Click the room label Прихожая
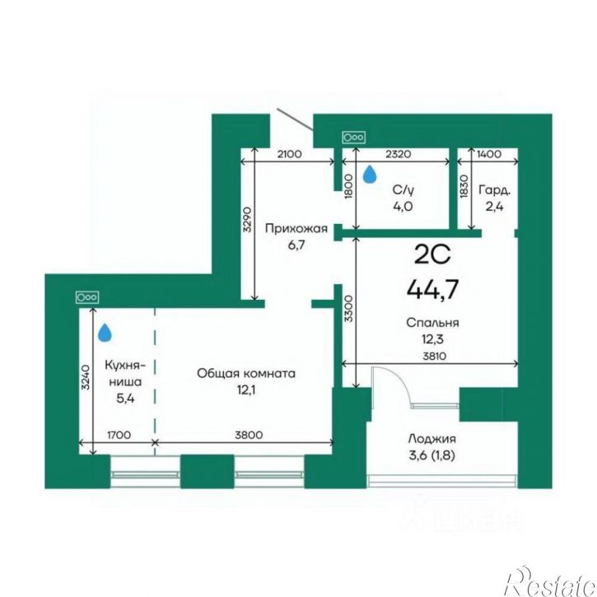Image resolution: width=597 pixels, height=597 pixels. tap(296, 228)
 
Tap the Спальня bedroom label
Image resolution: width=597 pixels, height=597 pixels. tap(432, 323)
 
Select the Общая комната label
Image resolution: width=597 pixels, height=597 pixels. tap(246, 373)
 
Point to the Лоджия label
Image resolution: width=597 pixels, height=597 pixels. tap(431, 439)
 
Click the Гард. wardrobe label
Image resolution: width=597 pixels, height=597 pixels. tap(495, 189)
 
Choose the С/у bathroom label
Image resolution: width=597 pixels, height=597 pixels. tap(403, 189)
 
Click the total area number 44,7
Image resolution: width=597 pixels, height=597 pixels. tap(432, 289)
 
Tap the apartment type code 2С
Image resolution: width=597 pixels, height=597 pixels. tap(432, 254)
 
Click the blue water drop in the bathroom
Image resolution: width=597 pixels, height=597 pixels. tap(370, 174)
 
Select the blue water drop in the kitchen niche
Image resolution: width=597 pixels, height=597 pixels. tap(105, 333)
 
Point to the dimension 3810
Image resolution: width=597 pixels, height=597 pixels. tap(435, 357)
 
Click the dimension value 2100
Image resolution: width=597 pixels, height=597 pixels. tap(289, 154)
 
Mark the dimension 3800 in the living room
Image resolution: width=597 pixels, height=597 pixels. tap(249, 435)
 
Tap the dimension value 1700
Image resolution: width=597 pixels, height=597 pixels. tap(119, 435)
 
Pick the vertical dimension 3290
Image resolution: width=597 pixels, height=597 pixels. tap(247, 220)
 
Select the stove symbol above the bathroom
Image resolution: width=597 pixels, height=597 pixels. tap(354, 138)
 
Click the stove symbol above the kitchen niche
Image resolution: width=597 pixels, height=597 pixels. tap(87, 297)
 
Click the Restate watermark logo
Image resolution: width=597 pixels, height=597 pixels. tap(550, 582)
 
